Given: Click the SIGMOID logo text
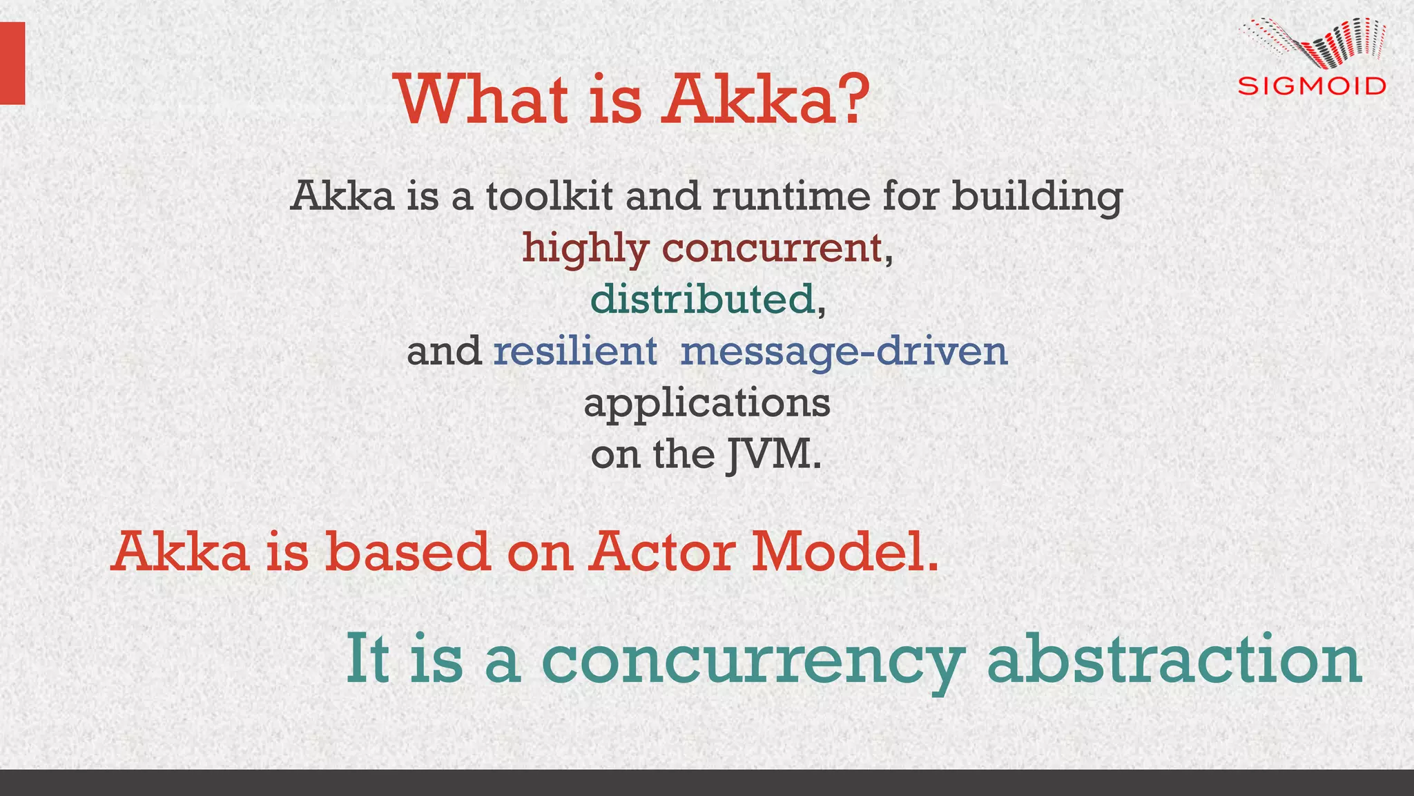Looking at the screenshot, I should point(1312,86).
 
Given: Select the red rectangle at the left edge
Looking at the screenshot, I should point(12,63).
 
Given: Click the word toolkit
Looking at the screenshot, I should point(550,196).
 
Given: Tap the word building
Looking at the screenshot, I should point(1037,197).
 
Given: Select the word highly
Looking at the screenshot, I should point(585,249).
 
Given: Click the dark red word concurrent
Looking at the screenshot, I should point(772,249).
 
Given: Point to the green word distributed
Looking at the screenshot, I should point(702,300).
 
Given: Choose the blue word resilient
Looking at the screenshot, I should point(574,351).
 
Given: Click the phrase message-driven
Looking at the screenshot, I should point(844,352).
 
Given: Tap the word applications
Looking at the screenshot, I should point(707,404).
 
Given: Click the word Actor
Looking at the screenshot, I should point(661,552).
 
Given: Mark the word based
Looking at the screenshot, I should point(407,552).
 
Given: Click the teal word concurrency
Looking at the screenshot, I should point(752,661).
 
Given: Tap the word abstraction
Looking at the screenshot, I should point(1174,659).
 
